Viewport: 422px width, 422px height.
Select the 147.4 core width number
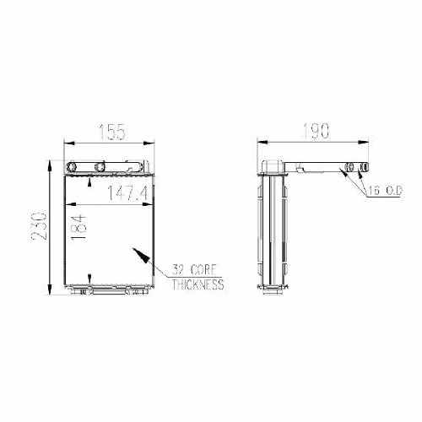[127, 193]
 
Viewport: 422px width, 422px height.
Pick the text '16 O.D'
[385, 192]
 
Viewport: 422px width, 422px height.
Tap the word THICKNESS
[197, 284]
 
